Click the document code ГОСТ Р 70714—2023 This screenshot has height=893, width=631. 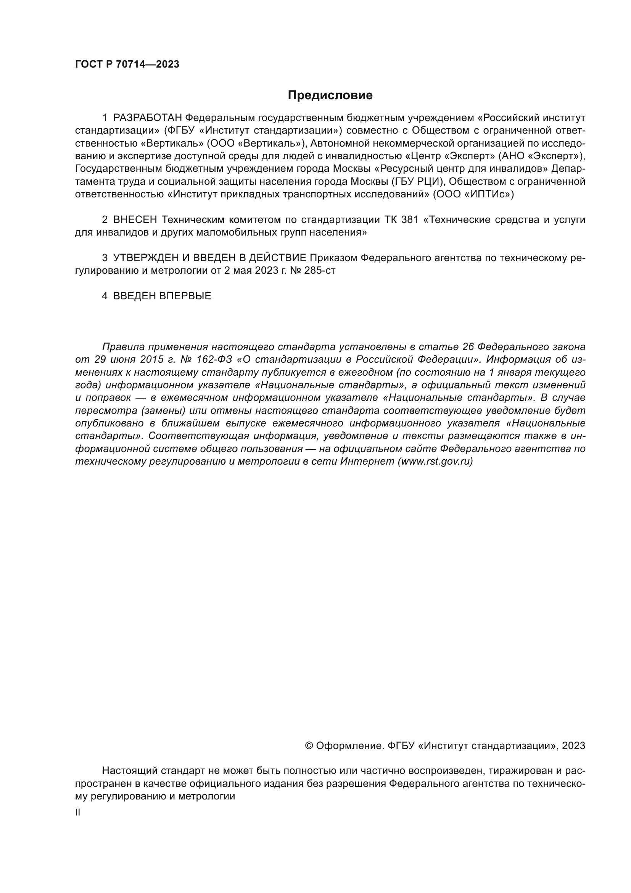(x=127, y=65)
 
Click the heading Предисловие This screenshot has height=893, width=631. (x=330, y=95)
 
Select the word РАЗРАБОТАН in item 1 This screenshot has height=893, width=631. (x=148, y=118)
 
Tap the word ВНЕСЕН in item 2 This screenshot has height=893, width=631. (x=135, y=220)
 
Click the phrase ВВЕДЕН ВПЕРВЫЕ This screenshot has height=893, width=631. (x=162, y=296)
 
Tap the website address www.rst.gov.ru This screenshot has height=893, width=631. (x=435, y=462)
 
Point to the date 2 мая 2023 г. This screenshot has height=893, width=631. (x=254, y=271)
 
